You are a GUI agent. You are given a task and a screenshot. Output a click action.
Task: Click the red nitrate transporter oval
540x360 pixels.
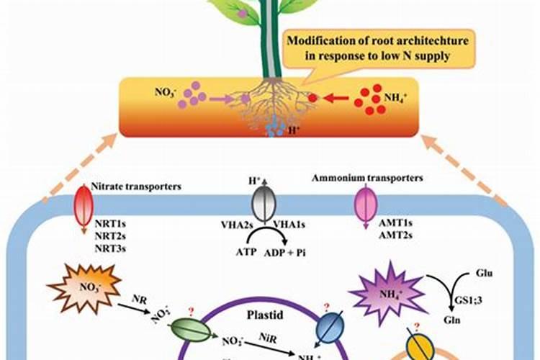79,205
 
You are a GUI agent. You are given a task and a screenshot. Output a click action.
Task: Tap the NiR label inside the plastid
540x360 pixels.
266,336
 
